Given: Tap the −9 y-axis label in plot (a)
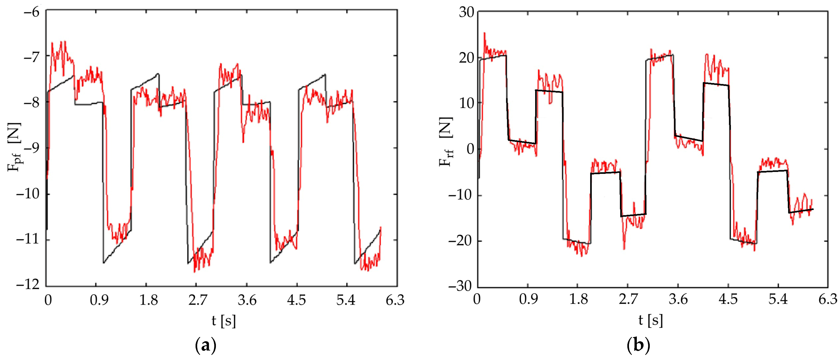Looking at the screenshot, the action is coord(32,148).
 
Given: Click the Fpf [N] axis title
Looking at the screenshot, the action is coord(15,147).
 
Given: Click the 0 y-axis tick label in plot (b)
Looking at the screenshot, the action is coord(471,149).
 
